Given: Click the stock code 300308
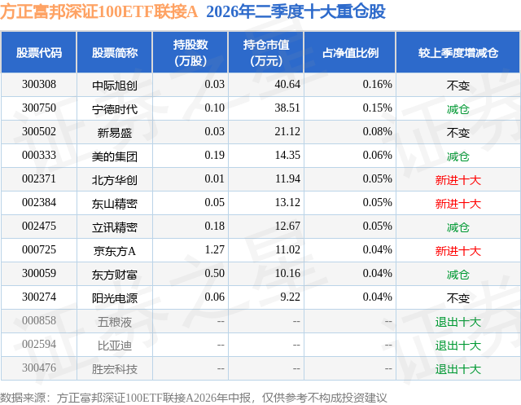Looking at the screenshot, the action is pyautogui.click(x=39, y=85).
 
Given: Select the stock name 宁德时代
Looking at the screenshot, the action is pyautogui.click(x=115, y=108).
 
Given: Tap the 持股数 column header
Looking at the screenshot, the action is pyautogui.click(x=190, y=52).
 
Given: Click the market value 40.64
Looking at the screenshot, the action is pyautogui.click(x=287, y=85).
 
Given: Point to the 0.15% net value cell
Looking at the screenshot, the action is pyautogui.click(x=377, y=108).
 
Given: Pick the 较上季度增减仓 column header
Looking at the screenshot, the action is pyautogui.click(x=458, y=53).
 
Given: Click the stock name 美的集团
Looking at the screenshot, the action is pyautogui.click(x=115, y=156).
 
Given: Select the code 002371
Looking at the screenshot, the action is pyautogui.click(x=39, y=179).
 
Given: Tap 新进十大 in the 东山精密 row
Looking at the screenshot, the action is pyautogui.click(x=458, y=203).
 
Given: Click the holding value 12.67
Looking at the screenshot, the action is pyautogui.click(x=287, y=226).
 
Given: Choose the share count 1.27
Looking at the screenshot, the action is pyautogui.click(x=215, y=249).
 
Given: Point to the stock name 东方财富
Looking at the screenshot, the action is pyautogui.click(x=115, y=274).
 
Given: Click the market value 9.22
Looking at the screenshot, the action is pyautogui.click(x=290, y=297).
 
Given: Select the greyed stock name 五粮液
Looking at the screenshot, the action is pyautogui.click(x=115, y=321).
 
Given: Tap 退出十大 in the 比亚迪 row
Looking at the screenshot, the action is pyautogui.click(x=458, y=345).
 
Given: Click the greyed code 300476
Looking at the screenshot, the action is pyautogui.click(x=39, y=368).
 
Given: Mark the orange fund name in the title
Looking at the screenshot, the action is pyautogui.click(x=99, y=12).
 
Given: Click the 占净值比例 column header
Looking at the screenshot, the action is pyautogui.click(x=350, y=53).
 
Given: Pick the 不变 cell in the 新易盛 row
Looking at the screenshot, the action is pyautogui.click(x=458, y=132).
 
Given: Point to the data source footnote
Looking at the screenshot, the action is pyautogui.click(x=194, y=398).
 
